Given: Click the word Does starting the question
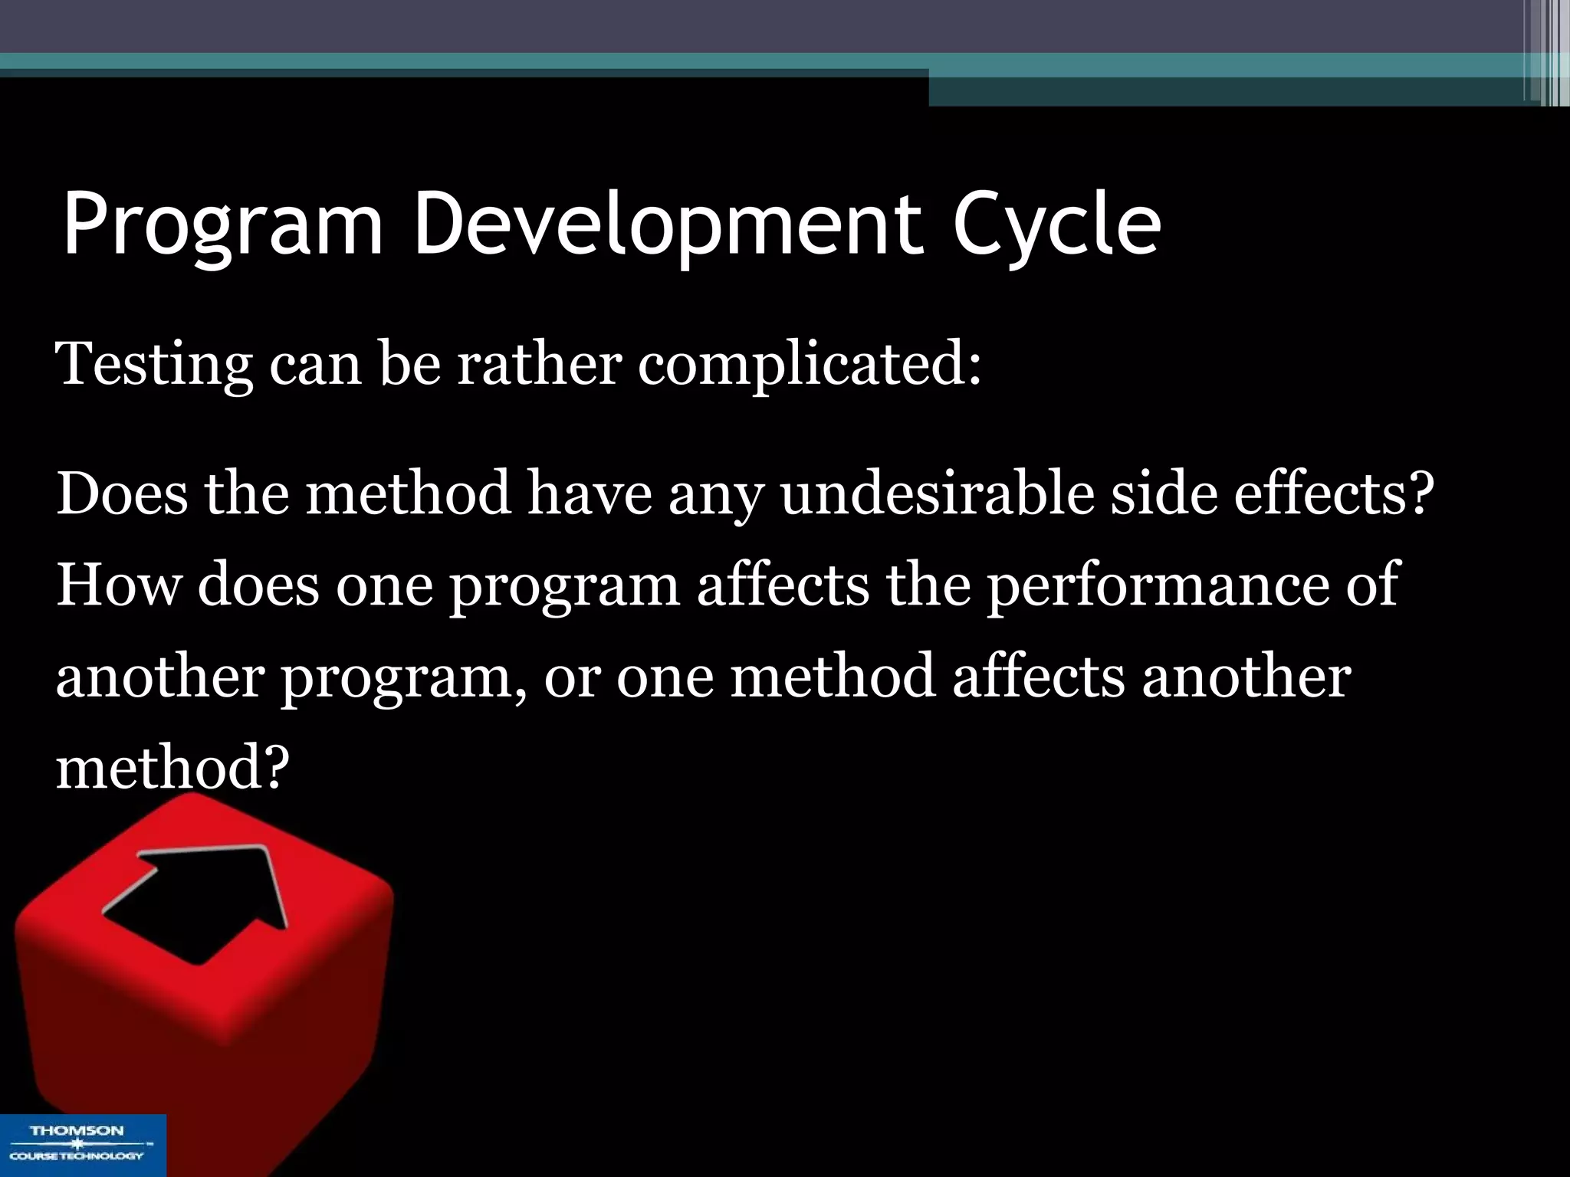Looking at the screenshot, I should (121, 494).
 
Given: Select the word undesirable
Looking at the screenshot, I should (937, 494).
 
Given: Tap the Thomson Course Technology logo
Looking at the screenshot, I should (82, 1145).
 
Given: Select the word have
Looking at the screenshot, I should (589, 494).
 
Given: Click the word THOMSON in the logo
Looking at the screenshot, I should (77, 1131).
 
